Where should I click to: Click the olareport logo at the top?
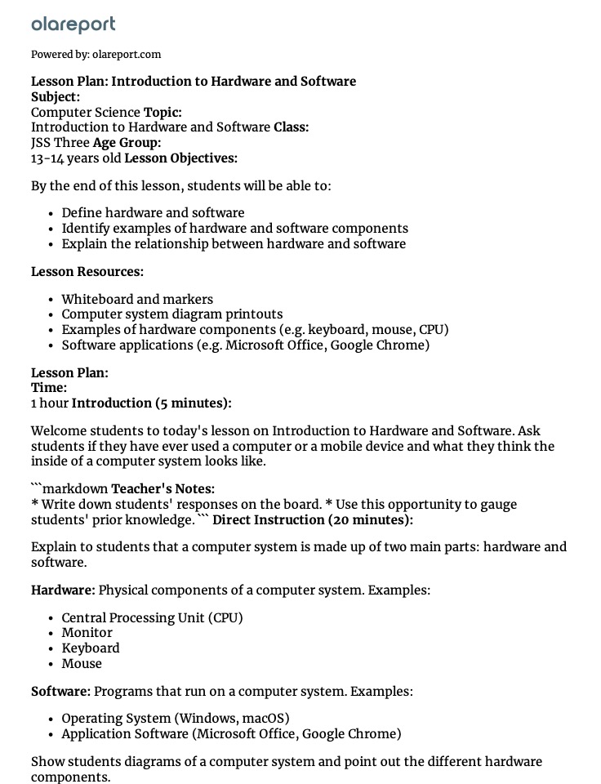[x=73, y=25]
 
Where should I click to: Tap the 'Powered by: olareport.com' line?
[x=96, y=55]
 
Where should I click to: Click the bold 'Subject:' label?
[x=56, y=96]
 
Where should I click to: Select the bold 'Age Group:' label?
[x=127, y=143]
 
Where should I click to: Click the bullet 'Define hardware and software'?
[x=153, y=213]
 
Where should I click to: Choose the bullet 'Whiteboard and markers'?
[x=137, y=299]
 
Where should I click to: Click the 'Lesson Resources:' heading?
[x=87, y=272]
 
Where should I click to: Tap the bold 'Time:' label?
[x=49, y=388]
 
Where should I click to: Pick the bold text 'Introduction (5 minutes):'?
[x=152, y=403]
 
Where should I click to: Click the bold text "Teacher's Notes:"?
[x=163, y=489]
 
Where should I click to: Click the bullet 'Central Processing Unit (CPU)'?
[x=152, y=617]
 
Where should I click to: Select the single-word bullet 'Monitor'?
[x=87, y=633]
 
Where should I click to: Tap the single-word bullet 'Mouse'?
[x=82, y=664]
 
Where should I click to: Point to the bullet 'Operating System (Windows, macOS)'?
[x=176, y=719]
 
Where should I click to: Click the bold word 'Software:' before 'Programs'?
[x=60, y=692]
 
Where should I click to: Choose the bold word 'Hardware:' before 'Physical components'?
[x=63, y=590]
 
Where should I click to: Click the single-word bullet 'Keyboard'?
[x=91, y=648]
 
